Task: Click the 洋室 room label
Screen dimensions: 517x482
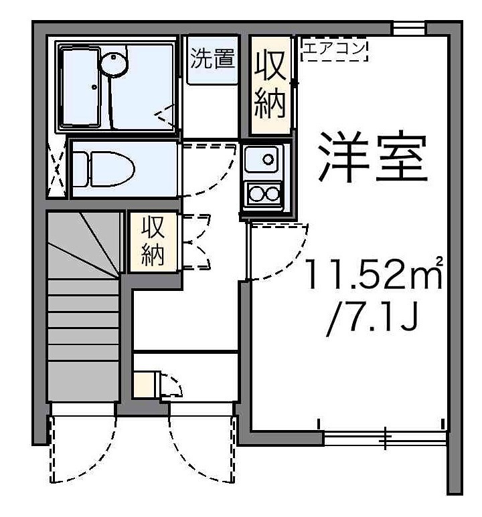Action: click(372, 158)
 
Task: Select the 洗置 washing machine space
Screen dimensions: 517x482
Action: click(212, 60)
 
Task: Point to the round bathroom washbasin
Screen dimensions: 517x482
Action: click(112, 63)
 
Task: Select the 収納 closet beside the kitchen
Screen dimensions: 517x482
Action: click(271, 86)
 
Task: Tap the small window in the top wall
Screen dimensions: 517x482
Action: click(408, 28)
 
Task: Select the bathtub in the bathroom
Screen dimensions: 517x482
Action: click(84, 87)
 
